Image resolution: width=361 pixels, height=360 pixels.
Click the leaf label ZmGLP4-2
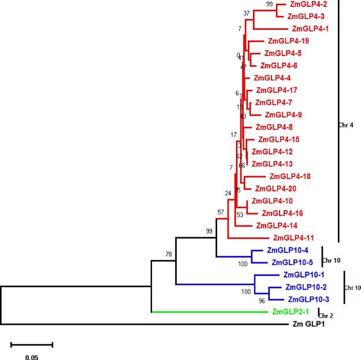point(306,4)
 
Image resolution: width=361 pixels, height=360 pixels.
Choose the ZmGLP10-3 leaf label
point(308,299)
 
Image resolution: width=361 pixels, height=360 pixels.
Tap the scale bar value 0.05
point(31,358)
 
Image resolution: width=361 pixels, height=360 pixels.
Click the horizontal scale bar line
point(32,345)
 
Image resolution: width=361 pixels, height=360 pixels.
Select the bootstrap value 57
point(221,212)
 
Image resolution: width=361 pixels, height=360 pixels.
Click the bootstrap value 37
point(247,13)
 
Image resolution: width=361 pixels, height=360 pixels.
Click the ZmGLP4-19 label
point(288,41)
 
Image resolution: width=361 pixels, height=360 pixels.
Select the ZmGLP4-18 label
point(291,176)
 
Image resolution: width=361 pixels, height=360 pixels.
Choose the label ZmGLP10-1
point(304,275)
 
